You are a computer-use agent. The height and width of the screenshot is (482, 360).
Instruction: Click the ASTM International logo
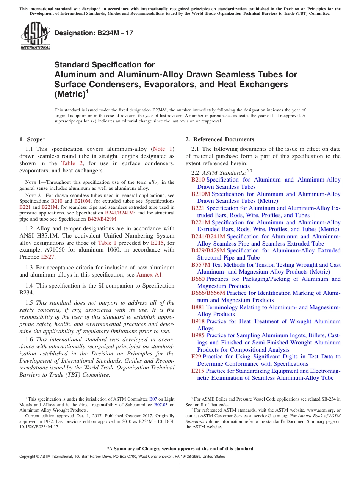tap(35, 36)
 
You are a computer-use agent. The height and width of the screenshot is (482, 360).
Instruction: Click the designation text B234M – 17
tap(94, 33)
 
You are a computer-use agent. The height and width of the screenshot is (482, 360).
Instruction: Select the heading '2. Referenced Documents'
tap(220, 139)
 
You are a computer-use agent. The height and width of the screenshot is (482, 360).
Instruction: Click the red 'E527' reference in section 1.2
tap(48, 257)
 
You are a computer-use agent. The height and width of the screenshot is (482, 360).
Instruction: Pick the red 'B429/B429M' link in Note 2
tap(102, 219)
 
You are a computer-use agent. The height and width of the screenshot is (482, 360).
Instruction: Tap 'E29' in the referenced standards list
tap(196, 357)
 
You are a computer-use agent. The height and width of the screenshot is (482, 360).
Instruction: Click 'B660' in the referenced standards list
tap(198, 279)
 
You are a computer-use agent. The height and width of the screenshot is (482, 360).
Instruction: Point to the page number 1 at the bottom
tap(180, 465)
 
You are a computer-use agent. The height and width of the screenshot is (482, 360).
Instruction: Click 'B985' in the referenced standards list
tap(198, 335)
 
